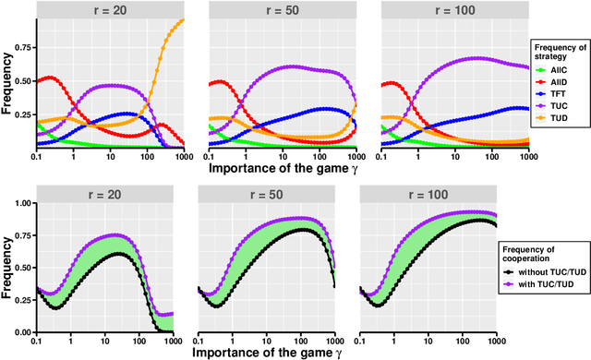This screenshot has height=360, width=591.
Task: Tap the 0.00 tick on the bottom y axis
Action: (20, 331)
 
